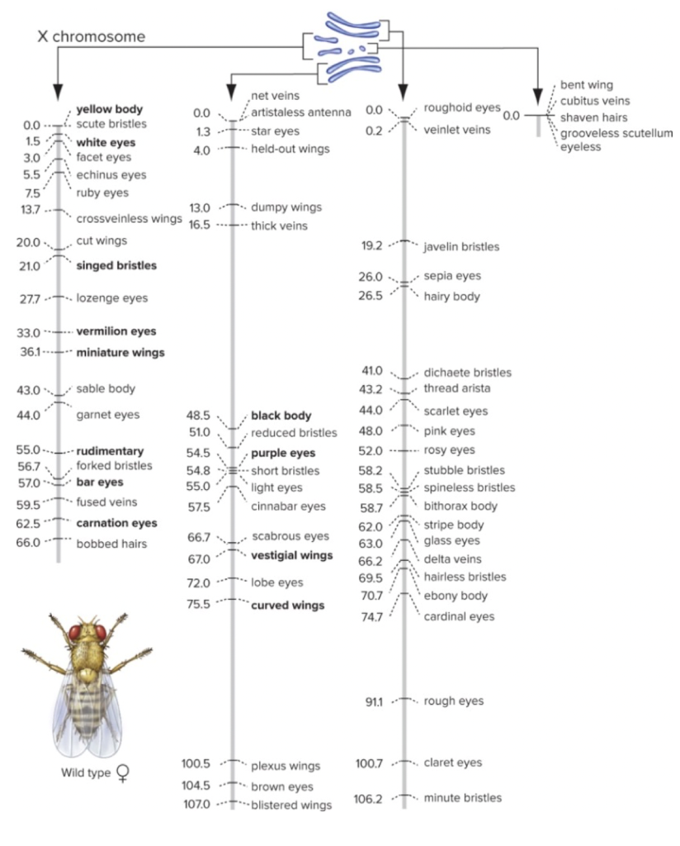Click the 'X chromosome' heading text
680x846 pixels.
coord(91,36)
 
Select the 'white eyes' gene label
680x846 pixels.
coord(106,142)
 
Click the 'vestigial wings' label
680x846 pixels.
coord(292,555)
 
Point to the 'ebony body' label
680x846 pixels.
coord(456,596)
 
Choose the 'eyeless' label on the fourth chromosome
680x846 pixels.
coord(581,147)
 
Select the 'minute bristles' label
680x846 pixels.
coord(462,798)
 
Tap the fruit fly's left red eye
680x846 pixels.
coord(76,633)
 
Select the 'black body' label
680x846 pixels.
coord(281,416)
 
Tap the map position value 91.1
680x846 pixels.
coord(375,702)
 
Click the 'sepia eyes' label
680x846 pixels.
coord(451,276)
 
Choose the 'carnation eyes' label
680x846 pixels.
coord(116,523)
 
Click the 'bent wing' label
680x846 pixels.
coord(587,84)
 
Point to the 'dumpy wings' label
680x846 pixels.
coord(286,207)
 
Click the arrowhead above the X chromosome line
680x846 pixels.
coord(58,91)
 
